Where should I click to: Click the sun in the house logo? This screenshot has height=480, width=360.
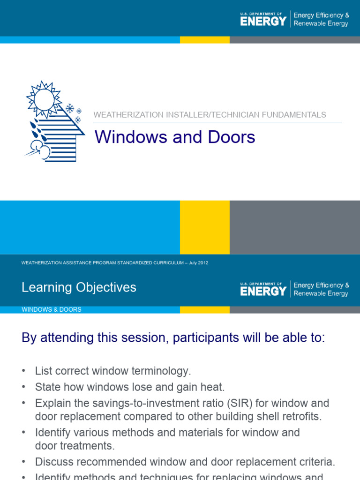click(44, 99)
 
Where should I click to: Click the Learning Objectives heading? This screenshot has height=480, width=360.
click(79, 287)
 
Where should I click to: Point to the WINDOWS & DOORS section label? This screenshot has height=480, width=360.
click(52, 310)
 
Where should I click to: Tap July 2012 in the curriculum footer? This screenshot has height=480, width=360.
click(198, 263)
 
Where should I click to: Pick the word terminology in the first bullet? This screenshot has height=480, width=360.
click(161, 371)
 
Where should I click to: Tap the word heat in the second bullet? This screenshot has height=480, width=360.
click(215, 387)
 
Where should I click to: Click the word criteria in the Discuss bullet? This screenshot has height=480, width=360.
click(317, 462)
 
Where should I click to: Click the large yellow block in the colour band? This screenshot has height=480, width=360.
click(205, 227)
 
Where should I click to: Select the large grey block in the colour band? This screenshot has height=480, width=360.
click(295, 227)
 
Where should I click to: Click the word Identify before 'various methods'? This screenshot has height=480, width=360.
click(54, 432)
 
